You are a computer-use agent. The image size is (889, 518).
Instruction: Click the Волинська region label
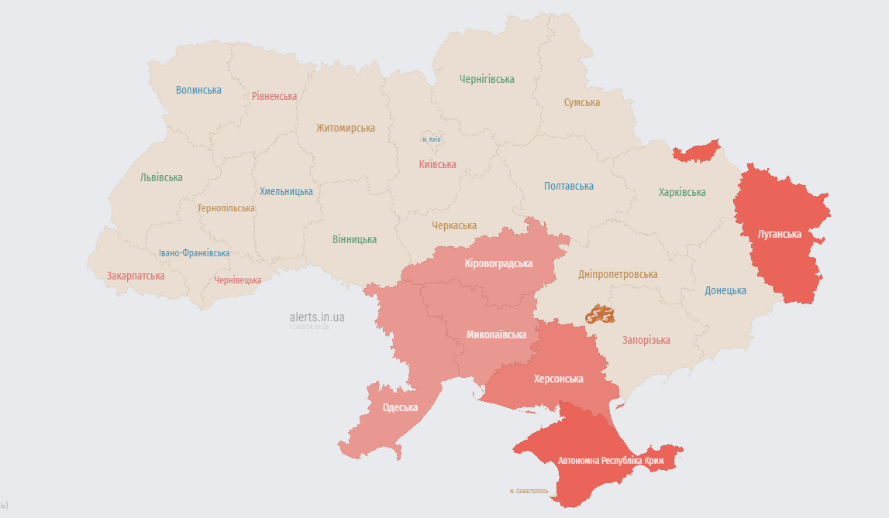pos(198,90)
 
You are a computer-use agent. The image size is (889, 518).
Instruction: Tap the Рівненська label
pos(274,96)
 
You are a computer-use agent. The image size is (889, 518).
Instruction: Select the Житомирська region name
pos(346,128)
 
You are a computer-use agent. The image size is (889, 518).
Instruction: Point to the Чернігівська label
pos(487,79)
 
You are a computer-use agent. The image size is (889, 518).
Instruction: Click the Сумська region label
pos(581,102)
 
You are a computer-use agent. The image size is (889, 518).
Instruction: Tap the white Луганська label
pos(779,234)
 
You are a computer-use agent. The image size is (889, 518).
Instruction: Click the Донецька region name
pos(725,290)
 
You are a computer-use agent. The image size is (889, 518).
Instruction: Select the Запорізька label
pos(646,340)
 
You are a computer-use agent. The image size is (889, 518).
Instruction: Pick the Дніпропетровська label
pos(618,274)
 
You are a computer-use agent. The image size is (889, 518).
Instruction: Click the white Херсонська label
pos(559,379)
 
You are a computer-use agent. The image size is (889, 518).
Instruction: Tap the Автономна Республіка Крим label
pos(611,460)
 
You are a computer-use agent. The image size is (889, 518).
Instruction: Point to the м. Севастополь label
pos(529,491)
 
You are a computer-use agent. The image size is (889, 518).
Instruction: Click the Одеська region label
pos(400,407)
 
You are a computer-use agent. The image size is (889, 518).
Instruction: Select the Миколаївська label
pos(496,334)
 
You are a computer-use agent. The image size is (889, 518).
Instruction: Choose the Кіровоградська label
pos(498,263)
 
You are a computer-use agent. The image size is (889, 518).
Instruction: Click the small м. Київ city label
pos(432,139)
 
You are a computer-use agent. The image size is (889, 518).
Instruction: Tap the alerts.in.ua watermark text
pos(317,317)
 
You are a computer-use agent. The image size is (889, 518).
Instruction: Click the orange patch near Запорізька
pos(599,314)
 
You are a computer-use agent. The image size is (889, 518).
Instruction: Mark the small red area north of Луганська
pos(696,151)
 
